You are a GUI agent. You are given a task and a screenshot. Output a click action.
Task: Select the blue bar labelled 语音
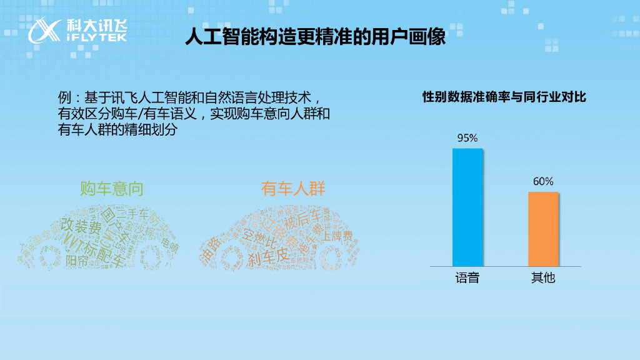coord(467,207)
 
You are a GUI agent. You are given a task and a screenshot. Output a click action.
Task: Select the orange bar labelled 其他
coord(543,229)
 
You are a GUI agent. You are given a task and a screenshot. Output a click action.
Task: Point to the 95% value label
coord(467,137)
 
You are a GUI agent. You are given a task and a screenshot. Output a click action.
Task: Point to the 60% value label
coord(543,181)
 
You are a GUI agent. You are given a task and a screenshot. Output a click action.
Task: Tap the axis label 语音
coord(467,278)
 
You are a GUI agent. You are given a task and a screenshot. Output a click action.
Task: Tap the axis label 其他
coord(543,278)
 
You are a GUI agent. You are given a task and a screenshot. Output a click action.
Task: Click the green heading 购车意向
coord(112,188)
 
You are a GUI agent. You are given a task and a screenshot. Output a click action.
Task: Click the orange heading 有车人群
coord(293,188)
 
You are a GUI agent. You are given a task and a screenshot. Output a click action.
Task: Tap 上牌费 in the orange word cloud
coord(337,236)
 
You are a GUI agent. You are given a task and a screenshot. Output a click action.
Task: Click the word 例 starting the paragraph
coord(63,98)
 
